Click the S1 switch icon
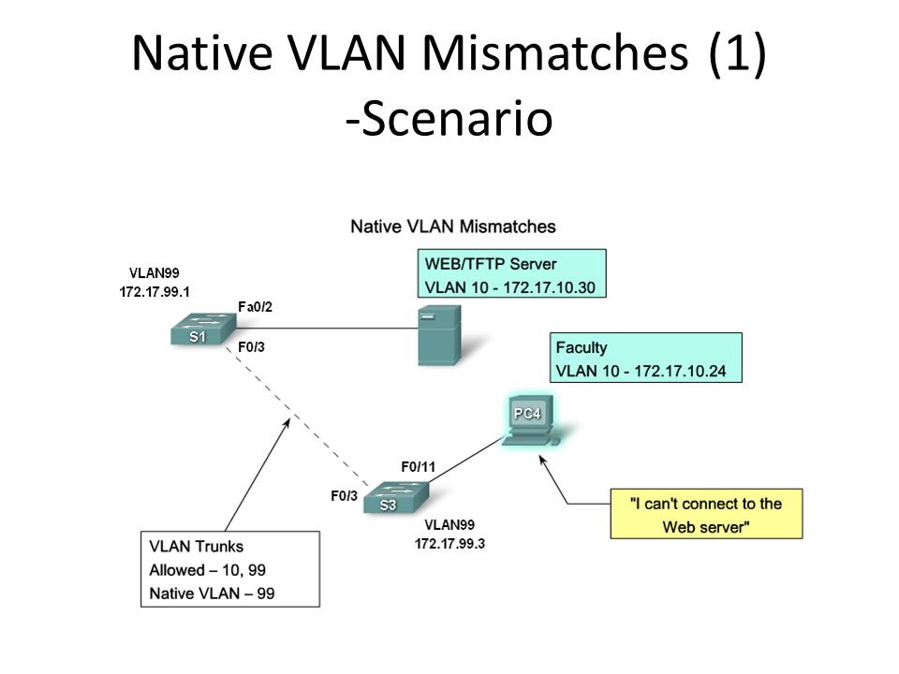[203, 329]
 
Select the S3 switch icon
[396, 497]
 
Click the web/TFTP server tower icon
[439, 335]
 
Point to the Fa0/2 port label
[255, 307]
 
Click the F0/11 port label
[418, 467]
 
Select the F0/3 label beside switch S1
[251, 347]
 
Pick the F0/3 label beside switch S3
[344, 496]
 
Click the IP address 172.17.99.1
[155, 292]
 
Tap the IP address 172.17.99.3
[449, 544]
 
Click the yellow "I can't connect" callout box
[706, 514]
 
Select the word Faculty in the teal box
[582, 348]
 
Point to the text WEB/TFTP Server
[490, 264]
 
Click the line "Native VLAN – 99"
[212, 593]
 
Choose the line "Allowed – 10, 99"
[207, 570]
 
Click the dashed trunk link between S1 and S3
[297, 417]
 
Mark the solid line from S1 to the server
[327, 329]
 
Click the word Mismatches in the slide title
[555, 52]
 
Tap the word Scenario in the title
[457, 119]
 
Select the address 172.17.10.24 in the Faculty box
[680, 372]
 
